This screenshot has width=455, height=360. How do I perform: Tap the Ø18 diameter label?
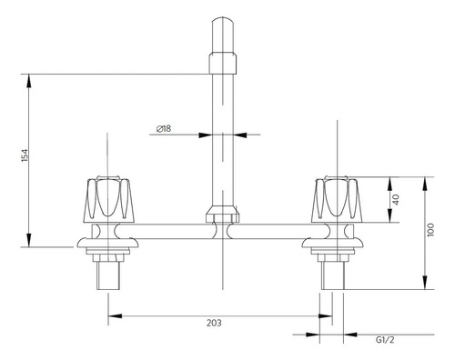tap(164, 128)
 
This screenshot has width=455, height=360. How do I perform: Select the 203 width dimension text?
tap(214, 323)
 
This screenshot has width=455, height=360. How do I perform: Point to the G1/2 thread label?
tap(385, 340)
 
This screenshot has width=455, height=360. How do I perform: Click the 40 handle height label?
tap(396, 199)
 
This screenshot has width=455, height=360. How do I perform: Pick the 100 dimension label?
tap(430, 230)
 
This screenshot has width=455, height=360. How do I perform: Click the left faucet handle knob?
tap(108, 198)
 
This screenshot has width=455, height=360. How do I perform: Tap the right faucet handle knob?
tap(337, 198)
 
